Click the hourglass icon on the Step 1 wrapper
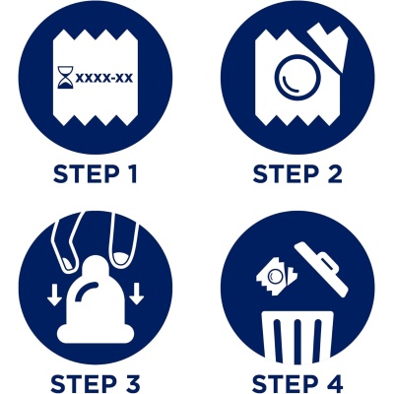pyautogui.click(x=65, y=78)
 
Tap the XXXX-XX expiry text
pyautogui.click(x=104, y=78)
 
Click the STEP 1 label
pyautogui.click(x=95, y=174)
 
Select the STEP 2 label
pyautogui.click(x=297, y=174)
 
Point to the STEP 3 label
pyautogui.click(x=96, y=383)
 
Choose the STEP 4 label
pyautogui.click(x=297, y=383)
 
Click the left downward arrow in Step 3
pyautogui.click(x=52, y=295)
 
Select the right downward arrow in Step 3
pyautogui.click(x=136, y=295)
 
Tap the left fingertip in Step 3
pyautogui.click(x=69, y=264)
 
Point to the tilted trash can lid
pyautogui.click(x=322, y=268)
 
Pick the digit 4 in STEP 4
pyautogui.click(x=334, y=383)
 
